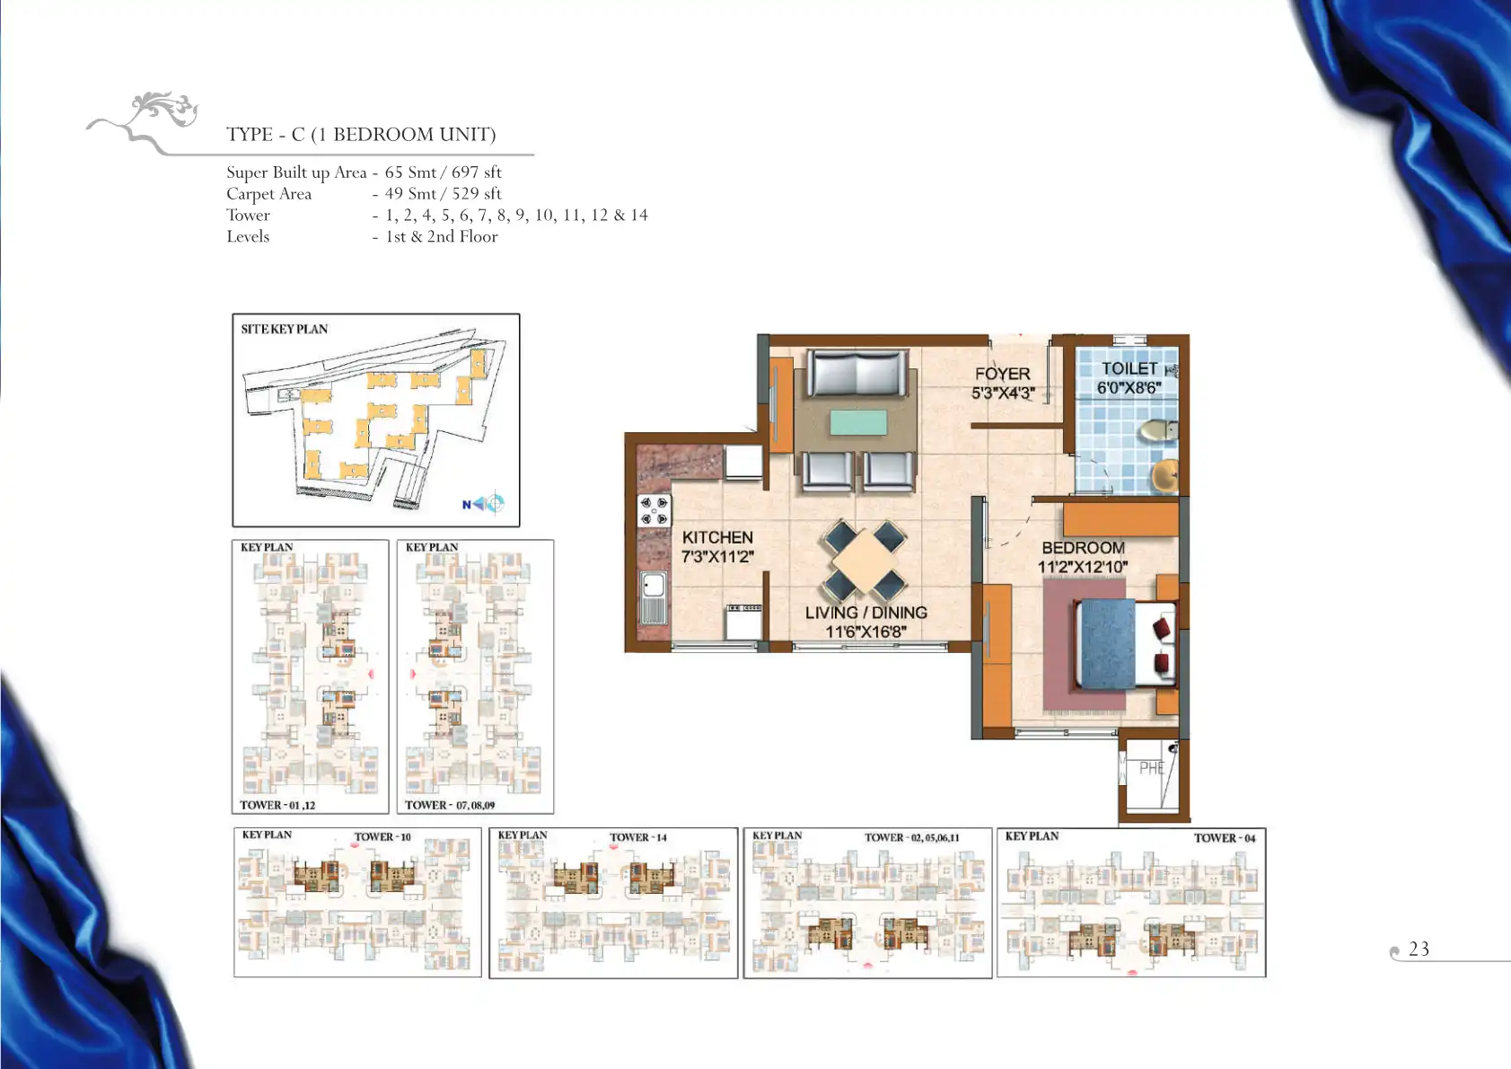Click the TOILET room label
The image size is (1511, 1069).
pyautogui.click(x=1129, y=368)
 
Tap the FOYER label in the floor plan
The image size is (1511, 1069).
pyautogui.click(x=1002, y=374)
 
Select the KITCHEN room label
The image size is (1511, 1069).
pyautogui.click(x=717, y=537)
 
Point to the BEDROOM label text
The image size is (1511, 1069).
pyautogui.click(x=1084, y=548)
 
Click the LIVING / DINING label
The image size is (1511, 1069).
pyautogui.click(x=866, y=613)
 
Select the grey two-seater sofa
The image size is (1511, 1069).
pyautogui.click(x=857, y=373)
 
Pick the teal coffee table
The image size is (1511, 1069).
pyautogui.click(x=858, y=422)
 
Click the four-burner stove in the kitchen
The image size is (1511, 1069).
pyautogui.click(x=654, y=510)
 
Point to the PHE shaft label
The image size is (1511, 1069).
pyautogui.click(x=1152, y=768)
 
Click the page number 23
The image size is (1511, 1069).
pyautogui.click(x=1419, y=949)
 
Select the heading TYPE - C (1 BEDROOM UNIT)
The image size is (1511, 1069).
pyautogui.click(x=361, y=135)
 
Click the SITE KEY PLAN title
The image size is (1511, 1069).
pyautogui.click(x=284, y=330)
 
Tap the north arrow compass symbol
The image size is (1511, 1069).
pyautogui.click(x=484, y=503)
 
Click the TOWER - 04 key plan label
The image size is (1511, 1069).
pyautogui.click(x=1225, y=838)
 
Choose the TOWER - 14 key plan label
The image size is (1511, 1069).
pyautogui.click(x=638, y=837)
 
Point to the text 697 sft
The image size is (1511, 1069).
pyautogui.click(x=476, y=172)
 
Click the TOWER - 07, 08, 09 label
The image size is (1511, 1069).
pyautogui.click(x=449, y=805)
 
